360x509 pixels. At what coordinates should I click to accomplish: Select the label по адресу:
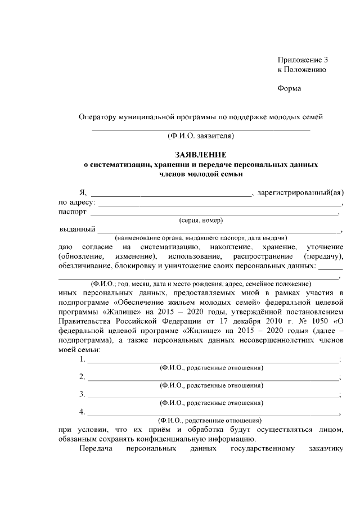[x=77, y=202]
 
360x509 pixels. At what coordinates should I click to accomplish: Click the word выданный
[x=76, y=229]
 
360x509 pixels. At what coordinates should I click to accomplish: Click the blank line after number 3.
[x=214, y=395]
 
